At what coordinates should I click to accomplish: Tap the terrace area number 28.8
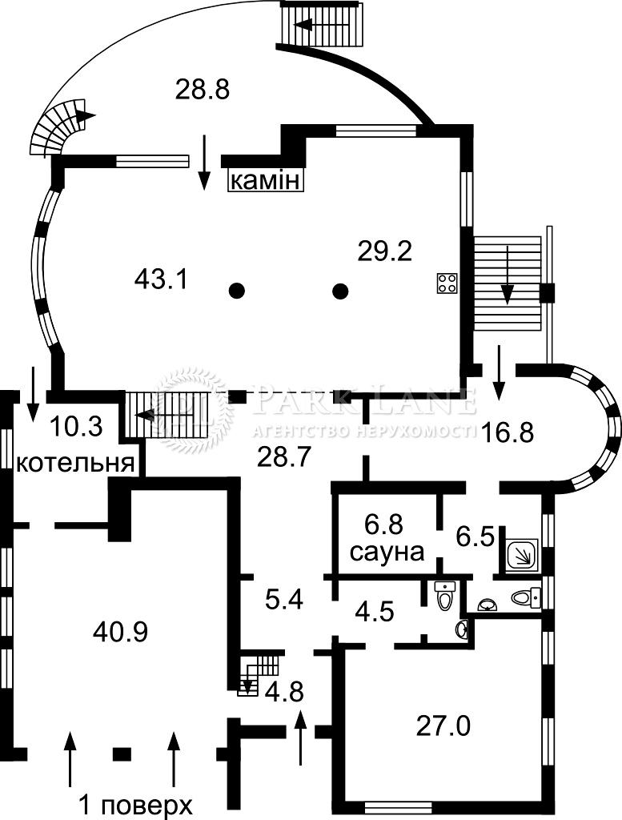point(203,89)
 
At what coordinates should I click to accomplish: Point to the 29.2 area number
point(384,252)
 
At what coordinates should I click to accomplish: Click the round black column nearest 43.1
point(236,291)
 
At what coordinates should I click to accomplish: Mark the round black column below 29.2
point(340,291)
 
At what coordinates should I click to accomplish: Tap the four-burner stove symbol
point(447,283)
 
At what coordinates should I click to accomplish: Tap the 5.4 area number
point(284,599)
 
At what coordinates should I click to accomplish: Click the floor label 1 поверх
point(135,804)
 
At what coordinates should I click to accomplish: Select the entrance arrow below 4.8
point(301,737)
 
